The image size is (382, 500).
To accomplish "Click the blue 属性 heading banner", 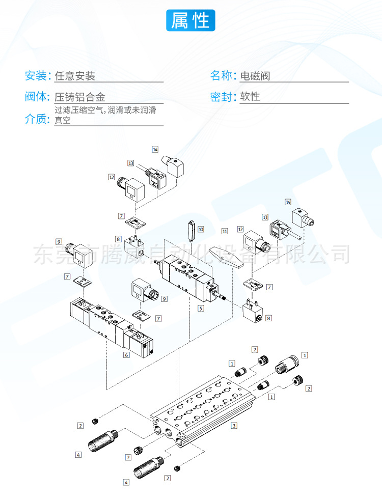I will (x=190, y=21).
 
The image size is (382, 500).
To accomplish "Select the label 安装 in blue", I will (x=36, y=76).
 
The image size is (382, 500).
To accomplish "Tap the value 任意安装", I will (x=75, y=76).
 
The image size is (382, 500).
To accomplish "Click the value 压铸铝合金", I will (x=80, y=97).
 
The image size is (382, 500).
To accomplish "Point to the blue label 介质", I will (x=36, y=119).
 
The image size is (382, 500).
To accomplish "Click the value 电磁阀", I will (x=255, y=76).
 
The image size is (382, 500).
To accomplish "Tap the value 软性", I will (x=250, y=97).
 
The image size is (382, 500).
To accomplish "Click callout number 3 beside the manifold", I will (x=234, y=425).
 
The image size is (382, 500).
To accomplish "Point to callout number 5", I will (x=201, y=308).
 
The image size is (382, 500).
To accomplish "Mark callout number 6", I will (x=126, y=355).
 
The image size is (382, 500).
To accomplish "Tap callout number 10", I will (x=201, y=230).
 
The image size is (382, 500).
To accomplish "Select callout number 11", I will (x=224, y=231).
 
